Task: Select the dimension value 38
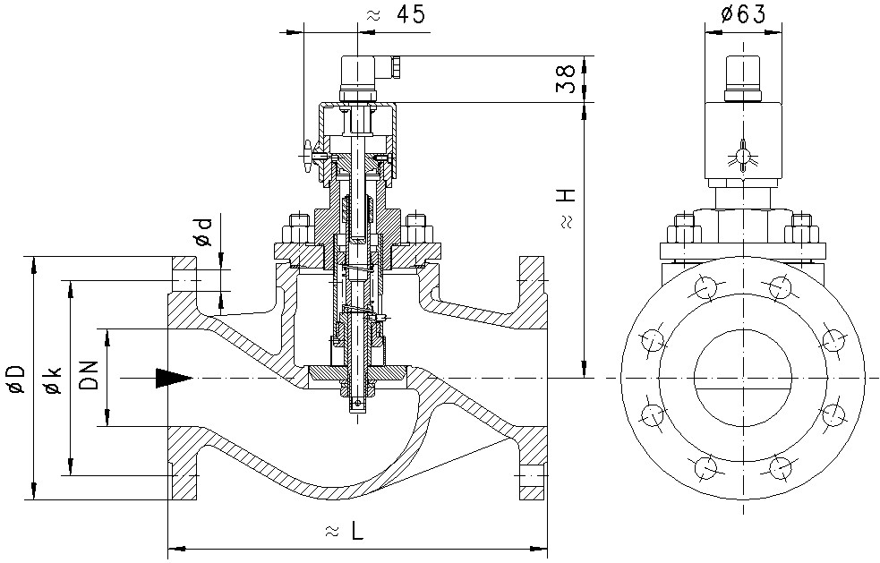[565, 79]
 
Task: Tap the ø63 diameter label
[741, 13]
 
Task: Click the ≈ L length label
[344, 530]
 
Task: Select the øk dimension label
[53, 380]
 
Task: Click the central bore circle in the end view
[743, 378]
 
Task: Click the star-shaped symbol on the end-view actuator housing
[742, 156]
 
